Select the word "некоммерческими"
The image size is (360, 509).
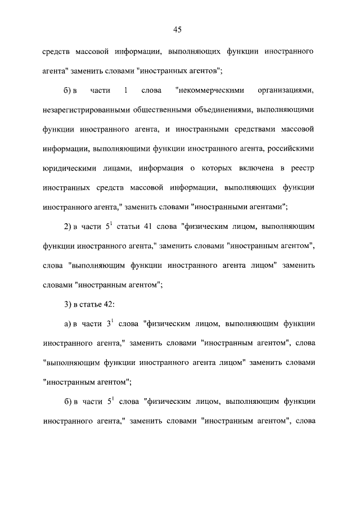205,90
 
